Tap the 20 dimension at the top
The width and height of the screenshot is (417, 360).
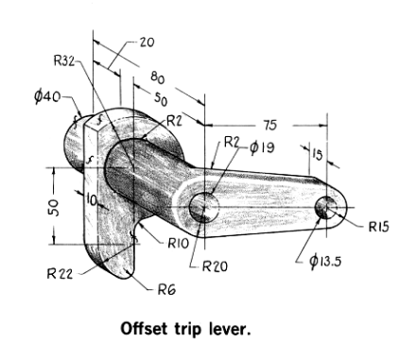pyautogui.click(x=147, y=43)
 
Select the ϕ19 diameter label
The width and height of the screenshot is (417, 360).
pyautogui.click(x=262, y=147)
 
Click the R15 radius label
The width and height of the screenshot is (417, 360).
pyautogui.click(x=379, y=226)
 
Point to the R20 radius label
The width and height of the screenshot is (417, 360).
pyautogui.click(x=217, y=266)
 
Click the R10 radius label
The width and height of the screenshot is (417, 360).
pyautogui.click(x=180, y=243)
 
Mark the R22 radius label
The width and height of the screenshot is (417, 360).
pyautogui.click(x=60, y=274)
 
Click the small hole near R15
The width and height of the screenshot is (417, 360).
pyautogui.click(x=327, y=206)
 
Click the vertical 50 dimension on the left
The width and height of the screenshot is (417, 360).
pyautogui.click(x=54, y=206)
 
